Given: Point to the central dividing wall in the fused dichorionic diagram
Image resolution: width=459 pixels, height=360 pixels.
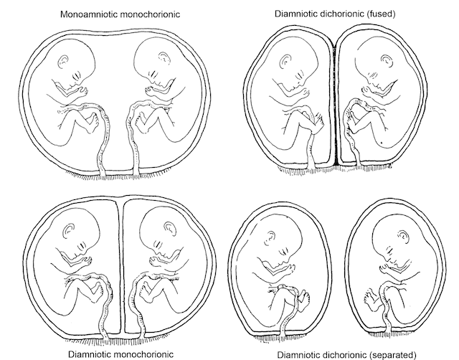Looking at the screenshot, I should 336,108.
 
